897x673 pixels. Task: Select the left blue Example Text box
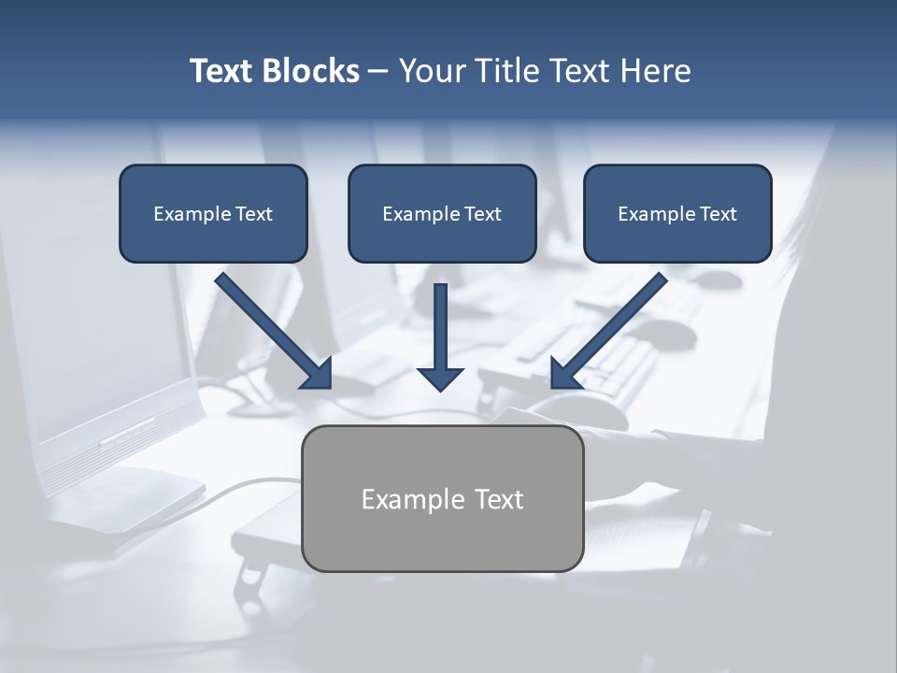[x=213, y=213]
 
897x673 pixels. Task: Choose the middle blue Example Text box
[x=442, y=213]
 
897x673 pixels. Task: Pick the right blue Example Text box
[x=677, y=213]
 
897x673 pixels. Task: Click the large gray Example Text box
[x=442, y=498]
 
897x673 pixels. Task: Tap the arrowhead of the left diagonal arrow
[x=318, y=374]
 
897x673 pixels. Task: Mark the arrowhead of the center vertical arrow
[x=440, y=378]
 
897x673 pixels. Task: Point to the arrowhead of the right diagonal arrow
[x=564, y=374]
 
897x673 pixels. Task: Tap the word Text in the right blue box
[x=718, y=214]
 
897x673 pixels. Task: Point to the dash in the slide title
[x=378, y=72]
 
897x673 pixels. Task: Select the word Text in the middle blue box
[x=482, y=214]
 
